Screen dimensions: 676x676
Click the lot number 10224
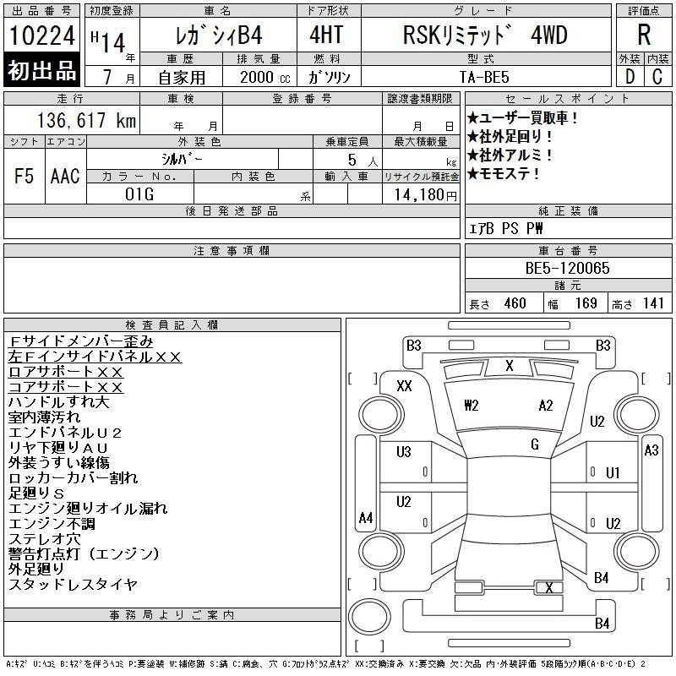tap(42, 35)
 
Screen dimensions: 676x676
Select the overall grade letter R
tap(644, 35)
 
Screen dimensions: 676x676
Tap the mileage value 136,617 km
tap(86, 120)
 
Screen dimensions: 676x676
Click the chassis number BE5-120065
tap(567, 268)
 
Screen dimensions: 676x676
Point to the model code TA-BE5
tap(484, 77)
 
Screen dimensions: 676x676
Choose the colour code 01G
tap(139, 194)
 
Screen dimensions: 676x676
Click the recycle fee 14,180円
tap(425, 194)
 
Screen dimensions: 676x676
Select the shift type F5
tap(24, 176)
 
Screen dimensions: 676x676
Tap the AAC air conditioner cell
tap(65, 176)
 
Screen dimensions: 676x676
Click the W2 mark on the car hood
tap(472, 406)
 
